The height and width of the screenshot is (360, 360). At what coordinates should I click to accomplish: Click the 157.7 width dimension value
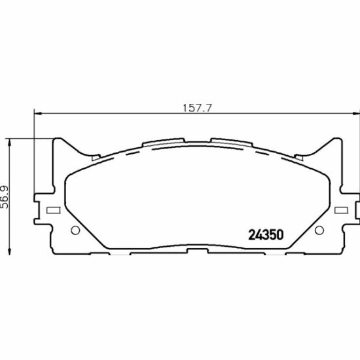[197, 108]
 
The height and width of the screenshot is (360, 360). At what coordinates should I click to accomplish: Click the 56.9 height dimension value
[5, 197]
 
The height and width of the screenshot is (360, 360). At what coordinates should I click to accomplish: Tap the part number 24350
[266, 235]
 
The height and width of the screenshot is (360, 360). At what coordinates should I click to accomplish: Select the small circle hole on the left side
[75, 230]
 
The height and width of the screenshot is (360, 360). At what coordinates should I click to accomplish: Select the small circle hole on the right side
[319, 230]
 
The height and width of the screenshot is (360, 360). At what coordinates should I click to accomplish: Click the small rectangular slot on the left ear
[54, 210]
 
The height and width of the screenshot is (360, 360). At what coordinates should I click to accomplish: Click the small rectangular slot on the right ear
[341, 210]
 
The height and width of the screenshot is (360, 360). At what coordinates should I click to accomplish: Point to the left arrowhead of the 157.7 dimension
[38, 113]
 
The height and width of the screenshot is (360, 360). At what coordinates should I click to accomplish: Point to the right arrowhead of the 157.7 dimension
[356, 113]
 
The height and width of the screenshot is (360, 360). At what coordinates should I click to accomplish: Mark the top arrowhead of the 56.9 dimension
[9, 142]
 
